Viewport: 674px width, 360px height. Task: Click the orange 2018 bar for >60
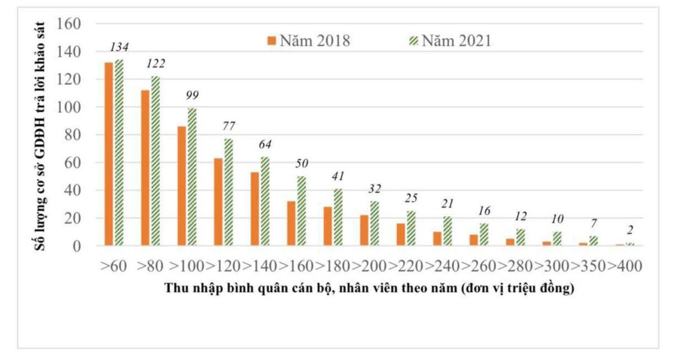coord(109,154)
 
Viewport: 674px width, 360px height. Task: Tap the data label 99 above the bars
coord(192,95)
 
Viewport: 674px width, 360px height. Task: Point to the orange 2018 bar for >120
coord(218,202)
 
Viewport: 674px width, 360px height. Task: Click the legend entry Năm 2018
coord(309,41)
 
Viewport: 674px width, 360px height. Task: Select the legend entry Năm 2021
coord(450,41)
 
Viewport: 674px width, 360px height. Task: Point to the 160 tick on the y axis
coord(69,24)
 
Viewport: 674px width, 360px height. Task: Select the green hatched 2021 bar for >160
coord(301,211)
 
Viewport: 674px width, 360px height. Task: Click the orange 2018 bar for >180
coord(328,226)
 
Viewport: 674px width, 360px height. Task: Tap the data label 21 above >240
coord(448,204)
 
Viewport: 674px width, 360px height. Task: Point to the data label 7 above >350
coord(594,223)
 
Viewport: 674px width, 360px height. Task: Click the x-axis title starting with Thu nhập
coord(370,289)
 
